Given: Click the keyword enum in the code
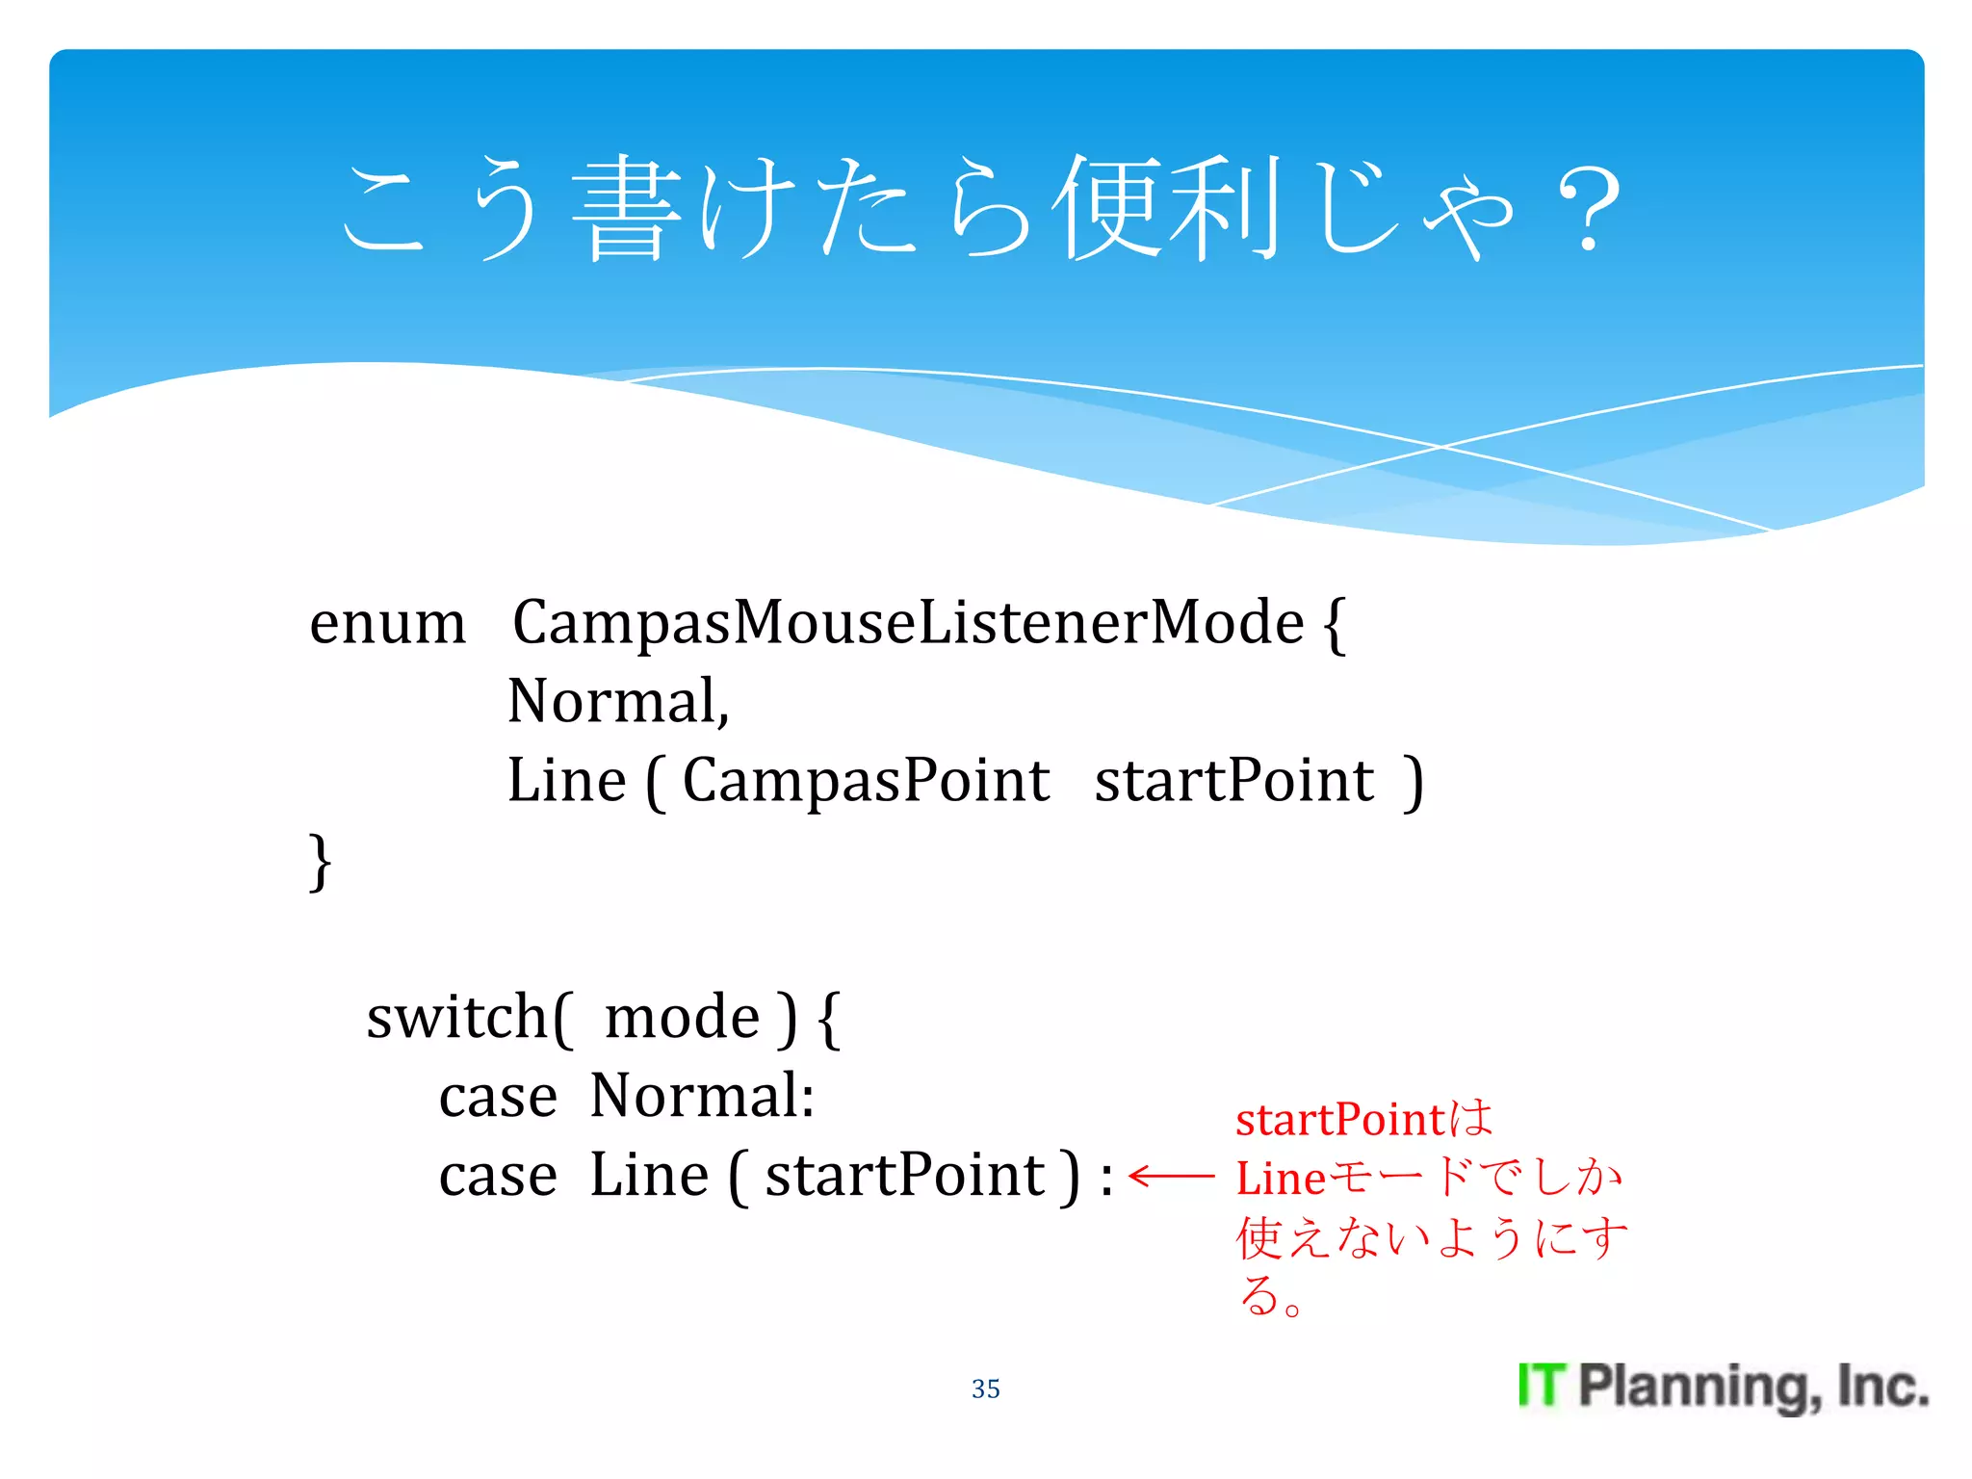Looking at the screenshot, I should [x=387, y=624].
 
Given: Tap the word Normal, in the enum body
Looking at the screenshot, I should [x=617, y=701].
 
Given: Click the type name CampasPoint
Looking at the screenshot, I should [x=865, y=780].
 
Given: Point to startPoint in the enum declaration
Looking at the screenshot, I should [x=1233, y=780].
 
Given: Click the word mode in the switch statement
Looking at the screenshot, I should [x=682, y=1017].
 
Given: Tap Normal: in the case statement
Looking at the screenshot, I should [x=702, y=1096].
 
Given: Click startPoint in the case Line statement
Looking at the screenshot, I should [x=905, y=1175].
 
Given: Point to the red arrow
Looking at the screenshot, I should [x=1171, y=1176].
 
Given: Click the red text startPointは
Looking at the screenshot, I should [x=1363, y=1120].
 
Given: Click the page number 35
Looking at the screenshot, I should [x=985, y=1388].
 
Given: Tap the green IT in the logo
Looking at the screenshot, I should [x=1542, y=1386].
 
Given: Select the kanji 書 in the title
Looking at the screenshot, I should [x=627, y=207].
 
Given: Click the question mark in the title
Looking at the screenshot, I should [x=1589, y=207].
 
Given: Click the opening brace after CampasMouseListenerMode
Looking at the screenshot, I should [x=1334, y=624].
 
